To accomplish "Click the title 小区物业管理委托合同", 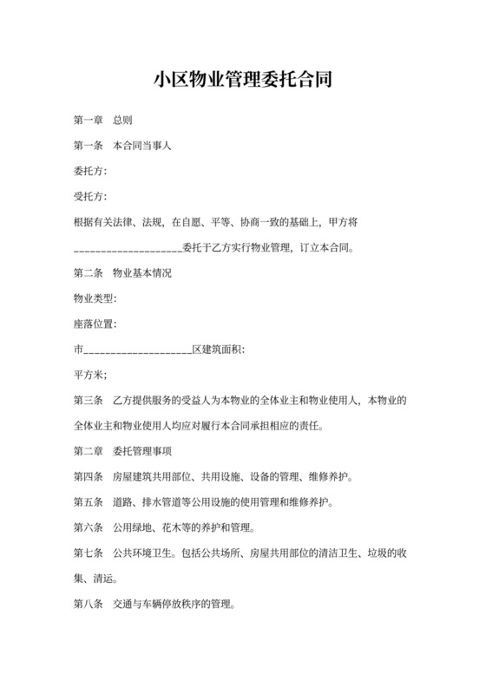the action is [242, 81].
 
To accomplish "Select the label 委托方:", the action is [91, 171].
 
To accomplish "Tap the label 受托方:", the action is [91, 196].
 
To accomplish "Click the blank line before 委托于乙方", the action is [128, 248].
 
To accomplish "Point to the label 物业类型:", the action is [96, 298].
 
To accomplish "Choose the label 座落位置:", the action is [96, 324].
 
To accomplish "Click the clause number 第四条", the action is [89, 476].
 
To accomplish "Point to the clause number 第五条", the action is [89, 501].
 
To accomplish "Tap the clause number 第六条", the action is [89, 527].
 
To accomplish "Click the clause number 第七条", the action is [89, 553].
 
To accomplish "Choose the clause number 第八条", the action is [89, 604].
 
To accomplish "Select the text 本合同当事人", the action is [142, 146].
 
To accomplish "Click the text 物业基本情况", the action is [142, 273].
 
